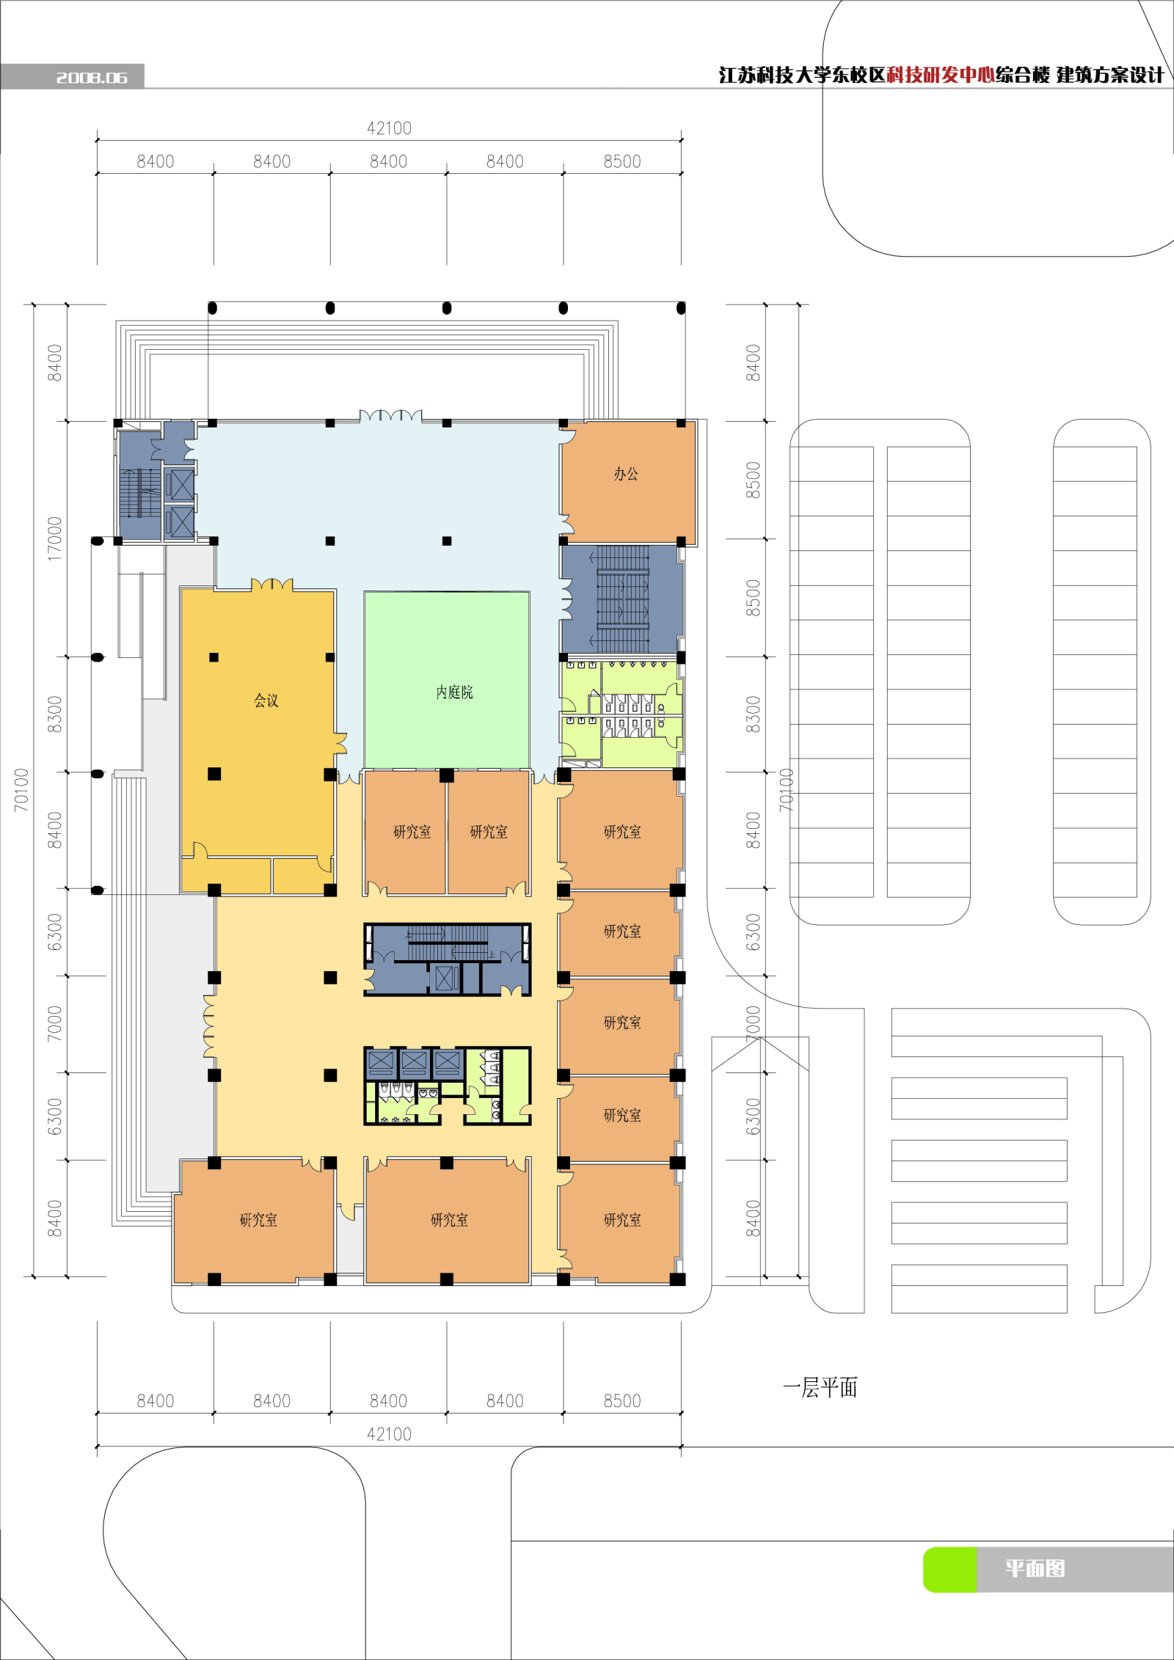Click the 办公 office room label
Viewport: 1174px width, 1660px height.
click(x=626, y=475)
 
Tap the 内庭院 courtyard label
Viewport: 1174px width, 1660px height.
click(x=454, y=692)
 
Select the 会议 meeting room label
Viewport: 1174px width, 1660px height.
click(x=266, y=701)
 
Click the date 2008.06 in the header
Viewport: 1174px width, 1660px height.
click(x=92, y=77)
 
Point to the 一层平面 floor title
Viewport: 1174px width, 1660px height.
click(x=820, y=1387)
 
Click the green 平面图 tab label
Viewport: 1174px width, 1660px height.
click(x=1035, y=1568)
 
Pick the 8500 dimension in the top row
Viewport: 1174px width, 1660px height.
click(x=622, y=161)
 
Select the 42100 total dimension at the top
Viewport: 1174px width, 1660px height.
click(x=389, y=128)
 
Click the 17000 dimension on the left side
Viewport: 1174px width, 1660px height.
click(x=55, y=539)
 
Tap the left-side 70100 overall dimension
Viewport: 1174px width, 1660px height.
click(x=21, y=790)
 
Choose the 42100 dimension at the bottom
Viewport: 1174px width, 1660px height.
click(x=389, y=1434)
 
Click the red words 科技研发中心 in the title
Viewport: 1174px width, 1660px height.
click(x=941, y=75)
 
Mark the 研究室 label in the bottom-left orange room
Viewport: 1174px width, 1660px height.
click(x=258, y=1220)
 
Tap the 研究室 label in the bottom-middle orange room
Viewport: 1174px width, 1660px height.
click(x=449, y=1220)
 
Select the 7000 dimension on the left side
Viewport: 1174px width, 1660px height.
click(x=55, y=1023)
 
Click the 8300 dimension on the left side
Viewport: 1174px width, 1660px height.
click(x=55, y=714)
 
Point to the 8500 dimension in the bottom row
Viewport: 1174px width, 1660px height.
click(x=622, y=1401)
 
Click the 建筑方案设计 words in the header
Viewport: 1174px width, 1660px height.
click(x=1110, y=75)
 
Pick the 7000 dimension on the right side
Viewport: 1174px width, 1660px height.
click(x=754, y=1023)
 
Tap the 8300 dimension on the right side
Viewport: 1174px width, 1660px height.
click(x=754, y=714)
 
